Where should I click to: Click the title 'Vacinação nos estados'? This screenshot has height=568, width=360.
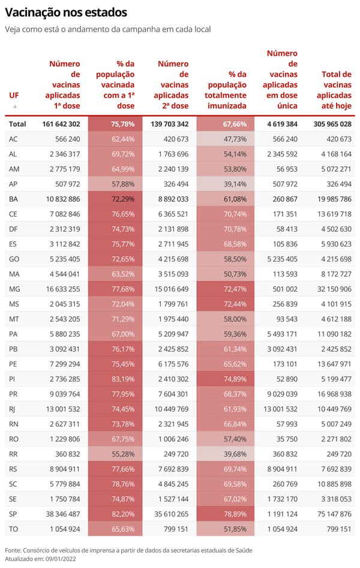(66, 13)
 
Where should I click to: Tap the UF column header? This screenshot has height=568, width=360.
(14, 95)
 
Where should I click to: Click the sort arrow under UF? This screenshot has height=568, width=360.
(15, 106)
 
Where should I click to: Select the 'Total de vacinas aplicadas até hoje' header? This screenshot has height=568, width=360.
(334, 90)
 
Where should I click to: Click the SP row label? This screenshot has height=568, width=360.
(14, 514)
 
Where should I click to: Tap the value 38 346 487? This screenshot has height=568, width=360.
(63, 514)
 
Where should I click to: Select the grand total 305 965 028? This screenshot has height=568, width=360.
(332, 124)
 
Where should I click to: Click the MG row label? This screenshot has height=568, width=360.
(14, 289)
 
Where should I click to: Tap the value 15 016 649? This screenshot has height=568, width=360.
(172, 289)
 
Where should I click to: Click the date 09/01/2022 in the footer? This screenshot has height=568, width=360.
(61, 559)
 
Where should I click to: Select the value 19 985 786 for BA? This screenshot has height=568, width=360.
(335, 199)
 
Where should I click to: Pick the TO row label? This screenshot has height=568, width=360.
(13, 529)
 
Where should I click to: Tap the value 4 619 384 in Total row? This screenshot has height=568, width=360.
(283, 124)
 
